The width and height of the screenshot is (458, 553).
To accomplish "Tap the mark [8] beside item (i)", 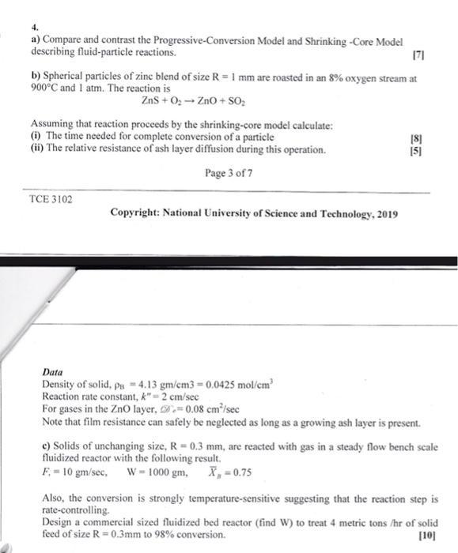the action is pos(417,137).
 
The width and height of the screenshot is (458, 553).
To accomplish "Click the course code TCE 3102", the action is pos(50,199).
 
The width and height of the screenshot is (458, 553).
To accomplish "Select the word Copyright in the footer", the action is pos(136,214).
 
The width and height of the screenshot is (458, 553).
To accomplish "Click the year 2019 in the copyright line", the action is pos(387,214).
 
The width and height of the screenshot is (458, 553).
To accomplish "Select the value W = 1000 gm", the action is pos(156,472).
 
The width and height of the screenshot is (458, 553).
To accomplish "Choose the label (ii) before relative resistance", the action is pos(38,149).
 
